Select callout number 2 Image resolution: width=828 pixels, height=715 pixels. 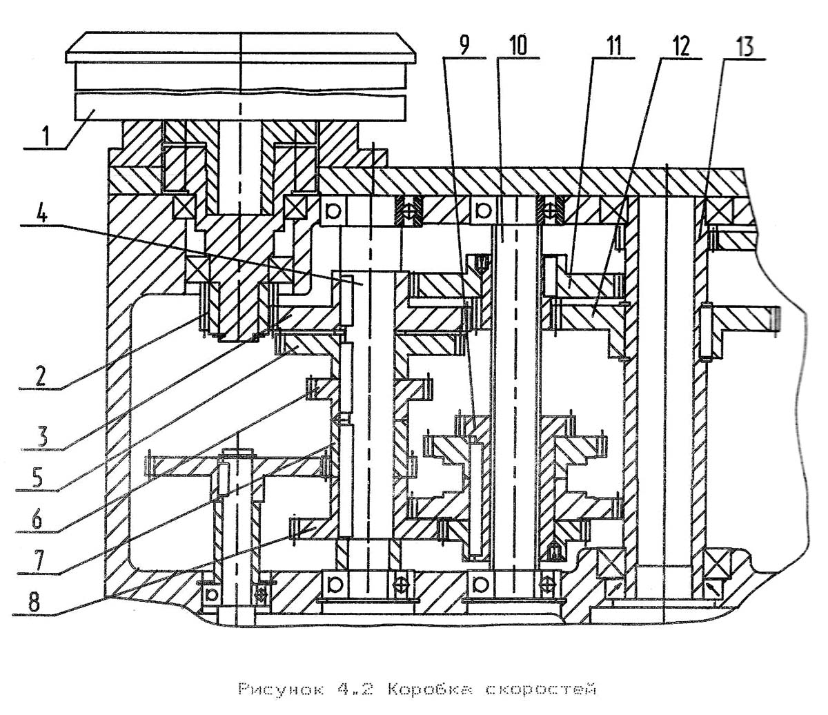(x=40, y=375)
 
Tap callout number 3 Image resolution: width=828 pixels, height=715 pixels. (x=41, y=436)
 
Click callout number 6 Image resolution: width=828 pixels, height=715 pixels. (x=37, y=519)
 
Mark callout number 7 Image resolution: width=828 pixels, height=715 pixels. (x=39, y=561)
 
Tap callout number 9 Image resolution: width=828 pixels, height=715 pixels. (x=464, y=46)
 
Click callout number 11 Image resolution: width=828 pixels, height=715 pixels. (x=613, y=46)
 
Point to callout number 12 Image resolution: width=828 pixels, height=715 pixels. (x=679, y=46)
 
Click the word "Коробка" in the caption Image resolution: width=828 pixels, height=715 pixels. (x=429, y=689)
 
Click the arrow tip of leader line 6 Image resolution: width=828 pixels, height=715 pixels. (x=319, y=386)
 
